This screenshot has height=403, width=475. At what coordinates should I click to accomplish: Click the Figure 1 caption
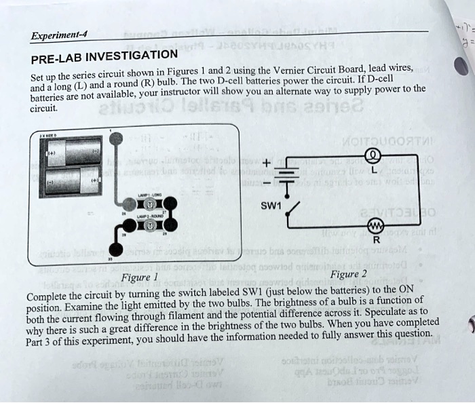click(138, 277)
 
